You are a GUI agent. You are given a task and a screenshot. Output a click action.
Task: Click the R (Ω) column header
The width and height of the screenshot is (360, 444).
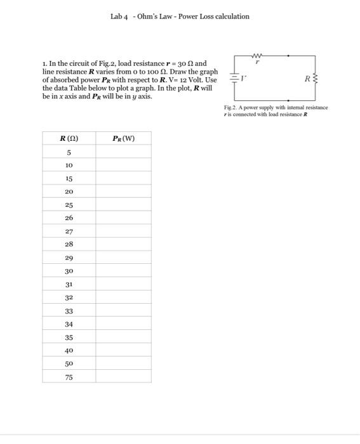coord(69,138)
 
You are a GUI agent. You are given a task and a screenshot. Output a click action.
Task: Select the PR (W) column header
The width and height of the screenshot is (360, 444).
coord(123,138)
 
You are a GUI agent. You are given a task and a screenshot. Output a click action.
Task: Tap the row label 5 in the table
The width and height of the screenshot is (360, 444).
coord(69,152)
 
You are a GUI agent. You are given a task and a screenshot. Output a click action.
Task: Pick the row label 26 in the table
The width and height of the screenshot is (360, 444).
coord(69,218)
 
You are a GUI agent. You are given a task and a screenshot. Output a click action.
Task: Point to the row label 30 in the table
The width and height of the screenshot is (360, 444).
coord(69,271)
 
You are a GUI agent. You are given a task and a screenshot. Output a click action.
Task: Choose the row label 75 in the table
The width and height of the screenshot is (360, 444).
coord(69,377)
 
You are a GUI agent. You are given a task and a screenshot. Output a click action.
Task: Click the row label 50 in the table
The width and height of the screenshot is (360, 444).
coord(69,363)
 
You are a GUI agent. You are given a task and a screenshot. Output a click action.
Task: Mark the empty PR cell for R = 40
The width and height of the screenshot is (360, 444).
coord(123,350)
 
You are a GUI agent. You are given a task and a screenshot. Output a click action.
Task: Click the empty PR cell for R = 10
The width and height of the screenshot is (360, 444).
coord(123,165)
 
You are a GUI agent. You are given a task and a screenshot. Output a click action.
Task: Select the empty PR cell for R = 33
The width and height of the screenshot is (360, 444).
coord(123,311)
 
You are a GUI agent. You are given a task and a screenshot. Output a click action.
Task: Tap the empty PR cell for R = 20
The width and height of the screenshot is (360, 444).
coord(123,191)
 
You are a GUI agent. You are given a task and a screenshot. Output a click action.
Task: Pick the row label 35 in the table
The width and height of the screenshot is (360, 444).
coord(69,337)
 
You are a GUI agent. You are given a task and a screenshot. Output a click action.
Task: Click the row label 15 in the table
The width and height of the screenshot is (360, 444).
coord(69,178)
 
